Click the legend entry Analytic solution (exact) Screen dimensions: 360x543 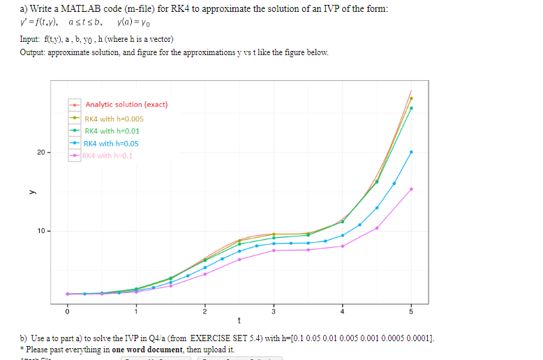click(x=126, y=105)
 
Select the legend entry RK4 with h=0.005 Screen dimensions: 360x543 click(x=114, y=119)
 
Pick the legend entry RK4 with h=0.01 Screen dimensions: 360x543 click(x=112, y=131)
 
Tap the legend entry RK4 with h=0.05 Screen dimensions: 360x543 click(x=112, y=144)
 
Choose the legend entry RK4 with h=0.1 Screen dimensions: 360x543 click(x=107, y=156)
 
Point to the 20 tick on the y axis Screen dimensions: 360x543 click(x=41, y=152)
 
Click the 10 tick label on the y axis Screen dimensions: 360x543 click(x=41, y=230)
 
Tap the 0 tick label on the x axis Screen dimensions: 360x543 click(x=68, y=310)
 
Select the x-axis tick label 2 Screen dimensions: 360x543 click(x=205, y=310)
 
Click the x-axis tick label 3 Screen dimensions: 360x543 click(x=274, y=310)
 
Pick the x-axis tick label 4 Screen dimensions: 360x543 click(x=343, y=310)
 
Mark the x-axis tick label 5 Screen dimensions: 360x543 click(x=411, y=310)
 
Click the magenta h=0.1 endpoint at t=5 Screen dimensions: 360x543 click(x=411, y=189)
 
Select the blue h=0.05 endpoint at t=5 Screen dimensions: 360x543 click(x=411, y=152)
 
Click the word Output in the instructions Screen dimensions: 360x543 click(x=31, y=53)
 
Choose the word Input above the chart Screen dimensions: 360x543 click(x=29, y=39)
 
